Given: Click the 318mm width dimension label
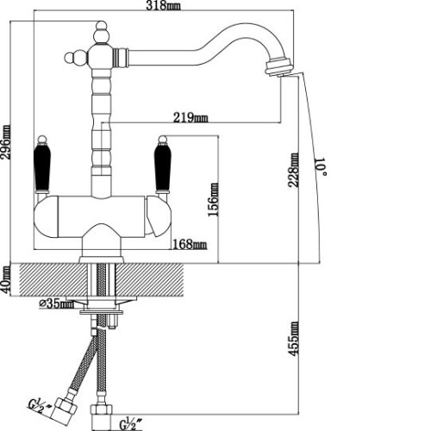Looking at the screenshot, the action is point(163,5).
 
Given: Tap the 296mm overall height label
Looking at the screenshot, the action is point(6,142).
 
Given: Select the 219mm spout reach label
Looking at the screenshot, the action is point(191,117).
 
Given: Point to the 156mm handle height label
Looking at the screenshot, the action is point(213,199).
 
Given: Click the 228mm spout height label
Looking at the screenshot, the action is point(293,170).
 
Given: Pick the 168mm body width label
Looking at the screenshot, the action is point(190,245).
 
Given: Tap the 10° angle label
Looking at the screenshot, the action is point(321,166).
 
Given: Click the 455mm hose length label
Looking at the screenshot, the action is point(293,339).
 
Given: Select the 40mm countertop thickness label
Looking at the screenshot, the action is point(5,280).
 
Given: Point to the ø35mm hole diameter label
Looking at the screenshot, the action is point(57,303).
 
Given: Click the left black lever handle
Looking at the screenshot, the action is point(42,168).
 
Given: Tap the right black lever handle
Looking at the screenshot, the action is point(163,168).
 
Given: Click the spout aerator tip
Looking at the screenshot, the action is point(279,67).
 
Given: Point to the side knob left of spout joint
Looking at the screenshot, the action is point(71,57).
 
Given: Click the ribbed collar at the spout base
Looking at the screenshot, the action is point(119,58).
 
